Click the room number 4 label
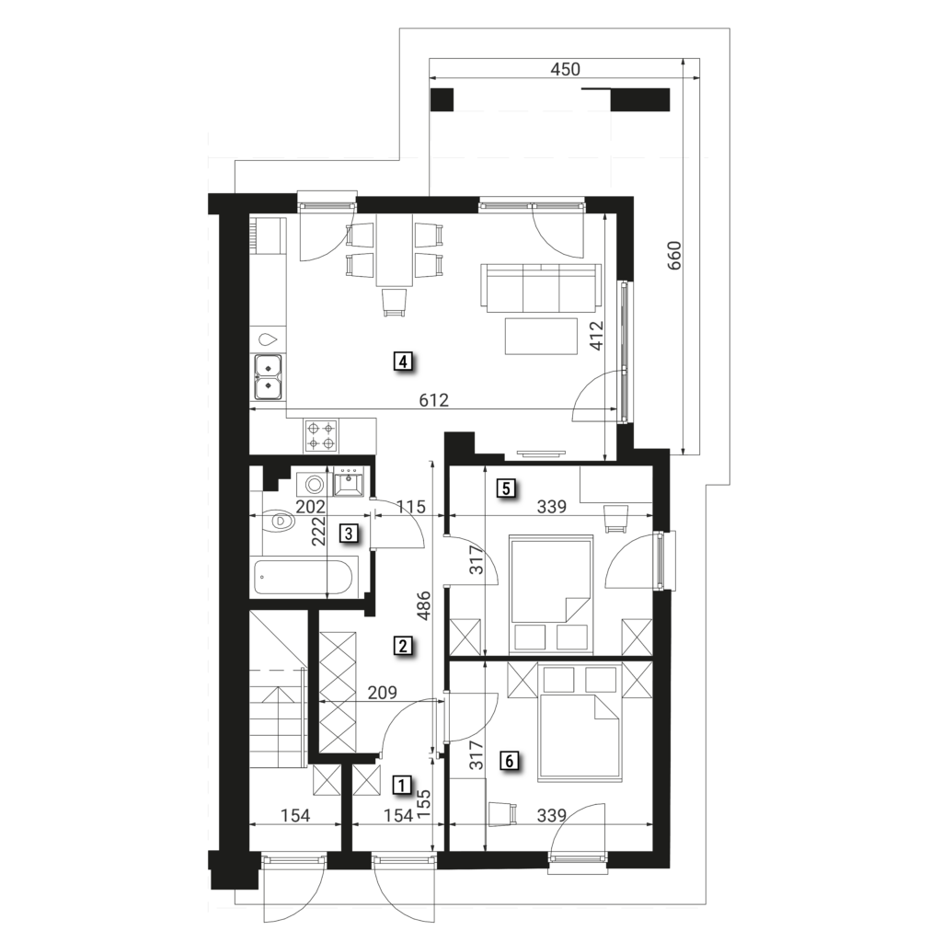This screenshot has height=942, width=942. coord(403,362)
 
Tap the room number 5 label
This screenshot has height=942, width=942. coord(506,488)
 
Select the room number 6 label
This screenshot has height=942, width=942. coord(509,761)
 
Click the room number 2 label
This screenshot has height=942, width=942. coord(402,646)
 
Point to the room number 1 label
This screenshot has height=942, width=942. coord(401,784)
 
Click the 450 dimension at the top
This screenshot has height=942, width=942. coord(566,70)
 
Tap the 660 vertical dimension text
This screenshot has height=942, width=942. coord(674,256)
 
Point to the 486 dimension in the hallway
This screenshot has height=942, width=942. coord(423,607)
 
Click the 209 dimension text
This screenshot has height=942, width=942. coord(382,693)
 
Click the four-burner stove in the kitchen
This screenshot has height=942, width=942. coord(321,436)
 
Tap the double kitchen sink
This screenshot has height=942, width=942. coord(268,377)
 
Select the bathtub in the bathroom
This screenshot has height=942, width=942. coord(304,576)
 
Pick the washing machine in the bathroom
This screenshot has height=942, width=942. coord(313,484)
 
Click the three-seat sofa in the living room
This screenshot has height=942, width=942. coord(541,288)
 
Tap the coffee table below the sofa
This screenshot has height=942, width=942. coord(542,337)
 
